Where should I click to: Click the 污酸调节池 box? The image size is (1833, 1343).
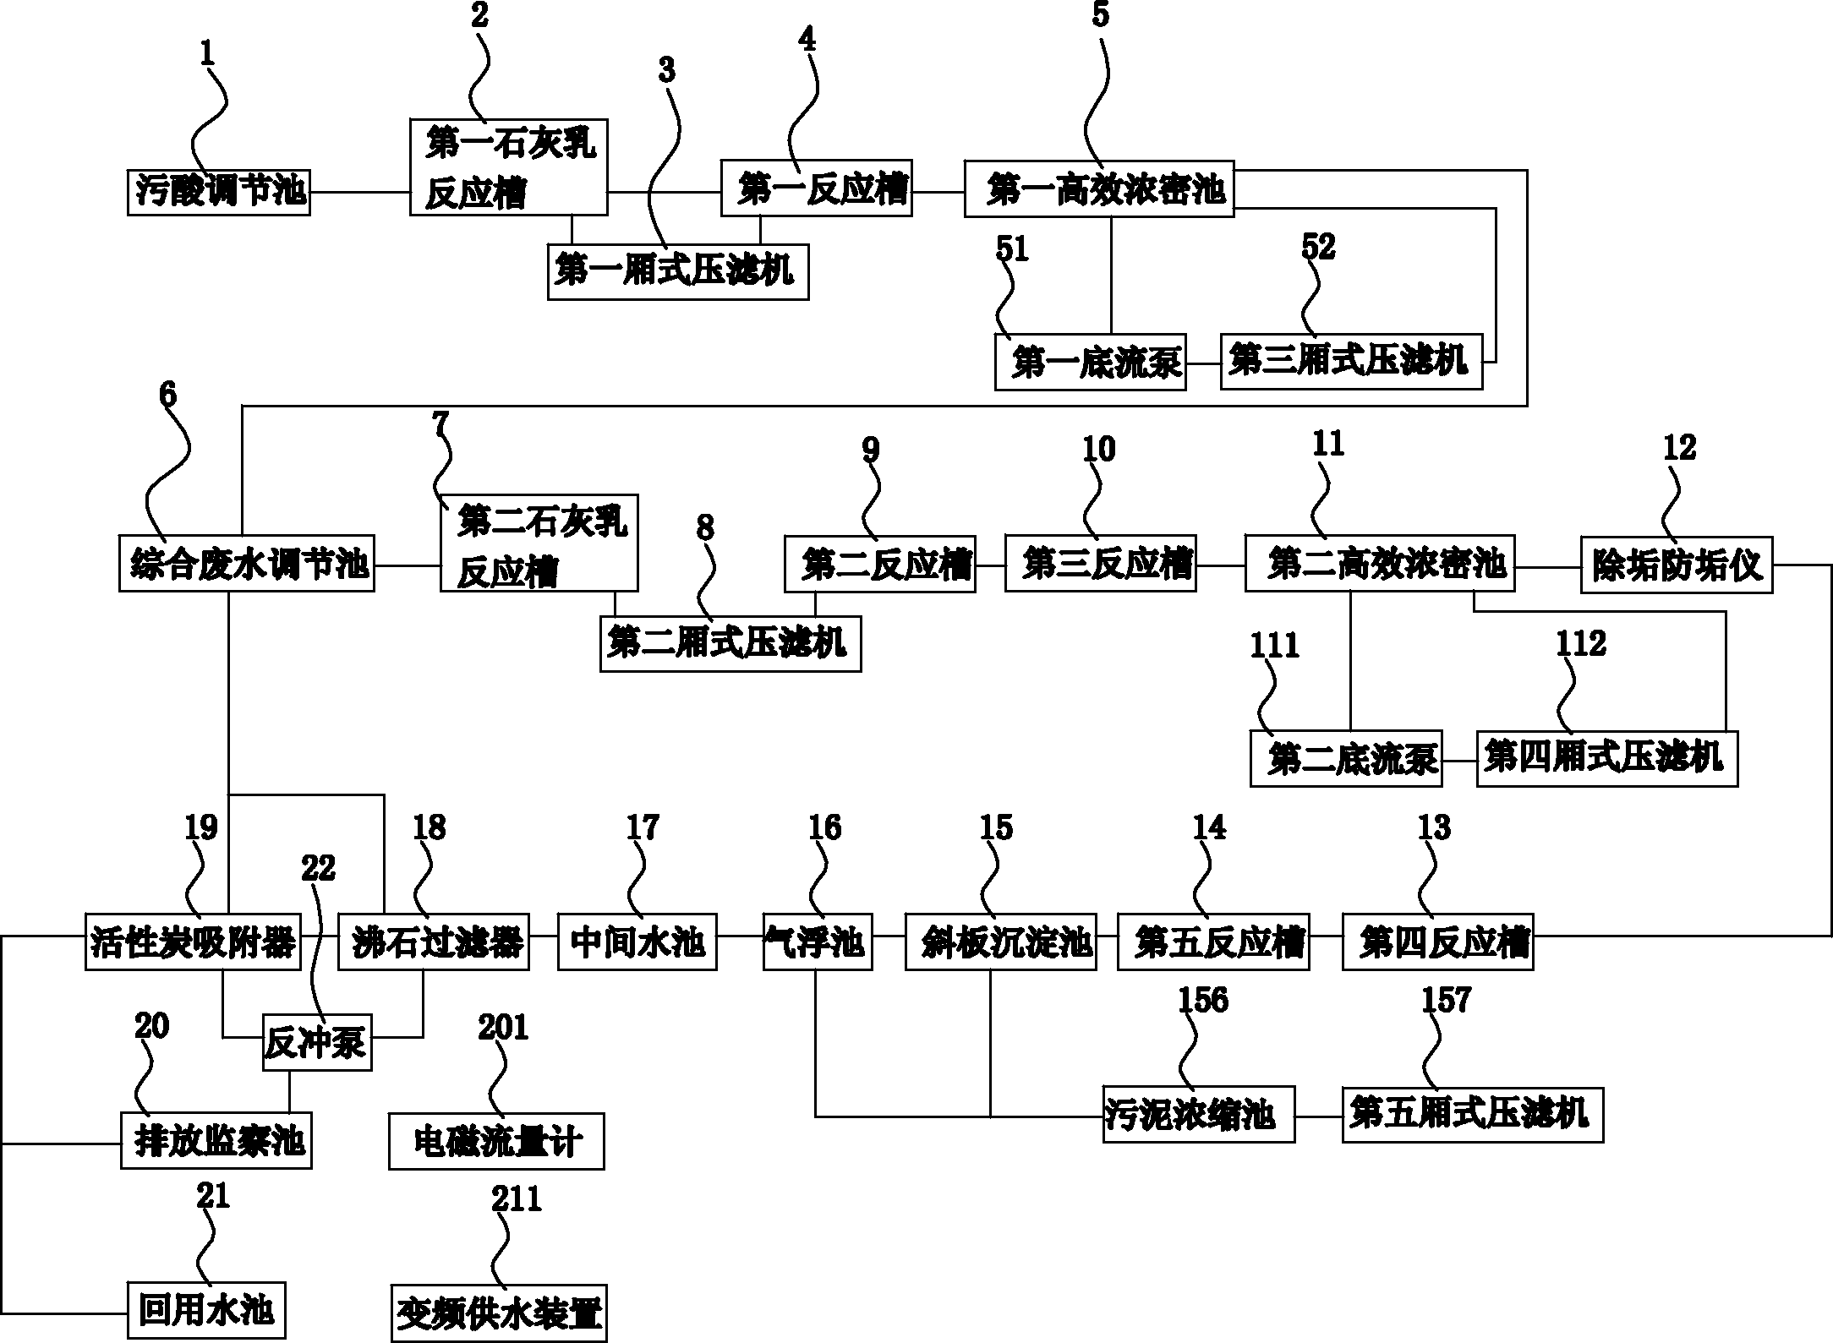218,192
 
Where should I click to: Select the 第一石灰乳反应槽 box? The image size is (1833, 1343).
508,167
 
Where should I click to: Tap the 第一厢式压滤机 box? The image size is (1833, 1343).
677,271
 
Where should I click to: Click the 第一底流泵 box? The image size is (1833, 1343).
1090,362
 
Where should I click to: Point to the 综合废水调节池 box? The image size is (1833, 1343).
246,563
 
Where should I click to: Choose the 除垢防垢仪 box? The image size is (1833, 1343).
1676,565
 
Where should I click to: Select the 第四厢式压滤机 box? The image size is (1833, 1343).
1606,759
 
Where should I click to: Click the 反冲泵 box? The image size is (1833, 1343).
316,1042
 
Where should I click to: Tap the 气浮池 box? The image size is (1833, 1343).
817,941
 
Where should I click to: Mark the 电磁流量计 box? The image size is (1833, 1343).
496,1141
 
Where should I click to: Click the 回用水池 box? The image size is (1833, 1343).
206,1310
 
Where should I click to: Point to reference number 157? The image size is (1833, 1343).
1447,1000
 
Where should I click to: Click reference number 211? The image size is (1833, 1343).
517,1198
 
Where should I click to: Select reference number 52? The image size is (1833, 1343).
1318,246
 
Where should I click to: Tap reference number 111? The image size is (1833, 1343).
1274,645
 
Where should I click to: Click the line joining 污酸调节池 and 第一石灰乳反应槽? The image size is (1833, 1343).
359,192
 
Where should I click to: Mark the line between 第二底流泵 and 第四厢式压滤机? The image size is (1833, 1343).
1459,760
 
